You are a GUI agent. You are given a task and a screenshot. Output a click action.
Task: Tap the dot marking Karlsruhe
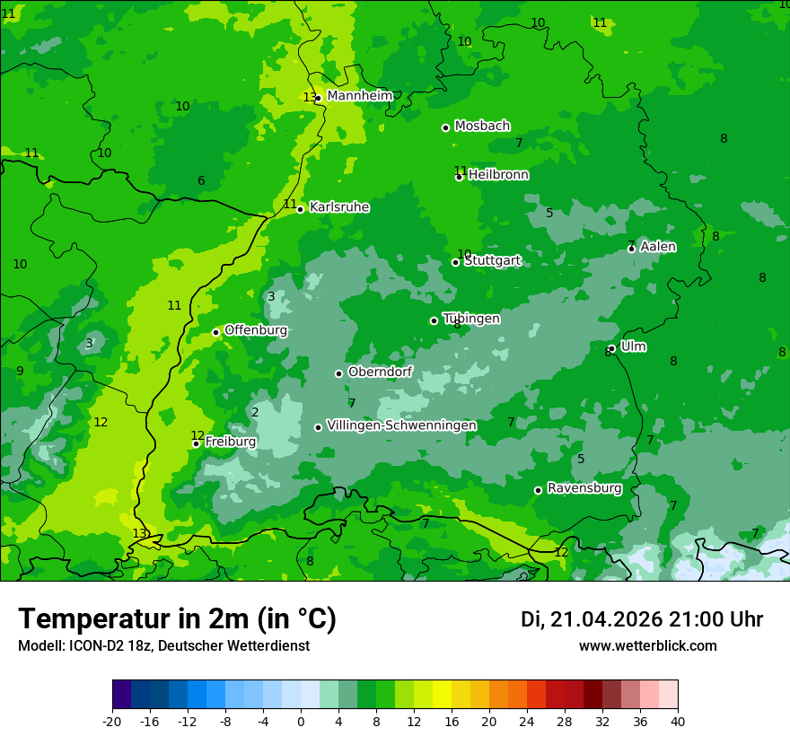(x=300, y=209)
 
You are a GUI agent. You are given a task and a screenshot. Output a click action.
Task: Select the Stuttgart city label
(x=493, y=260)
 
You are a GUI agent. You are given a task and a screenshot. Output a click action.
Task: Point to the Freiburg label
(x=231, y=442)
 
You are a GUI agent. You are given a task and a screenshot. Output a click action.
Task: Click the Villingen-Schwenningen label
(x=401, y=425)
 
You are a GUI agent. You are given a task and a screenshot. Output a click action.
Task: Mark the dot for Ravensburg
(x=538, y=490)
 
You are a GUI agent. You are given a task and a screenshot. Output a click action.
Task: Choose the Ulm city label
(x=634, y=346)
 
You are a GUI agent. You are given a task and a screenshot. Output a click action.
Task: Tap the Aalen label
(x=658, y=247)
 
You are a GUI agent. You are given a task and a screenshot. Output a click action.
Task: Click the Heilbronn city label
(x=498, y=175)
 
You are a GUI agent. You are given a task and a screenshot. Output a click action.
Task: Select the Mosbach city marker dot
(x=445, y=127)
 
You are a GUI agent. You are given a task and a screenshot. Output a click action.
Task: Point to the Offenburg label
(x=256, y=330)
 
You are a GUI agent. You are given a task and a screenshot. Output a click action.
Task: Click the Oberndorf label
(x=380, y=372)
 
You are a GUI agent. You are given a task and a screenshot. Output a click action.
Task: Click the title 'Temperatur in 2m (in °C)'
(x=177, y=619)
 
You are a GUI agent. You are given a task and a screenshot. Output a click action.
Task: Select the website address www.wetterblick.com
(x=647, y=646)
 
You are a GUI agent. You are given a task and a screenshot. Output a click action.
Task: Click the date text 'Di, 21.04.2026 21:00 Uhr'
(x=642, y=619)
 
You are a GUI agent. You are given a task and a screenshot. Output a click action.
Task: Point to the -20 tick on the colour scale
(x=112, y=721)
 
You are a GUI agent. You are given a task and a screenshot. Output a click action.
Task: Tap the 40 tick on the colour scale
(x=677, y=721)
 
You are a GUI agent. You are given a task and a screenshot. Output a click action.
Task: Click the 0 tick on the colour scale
(x=301, y=721)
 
